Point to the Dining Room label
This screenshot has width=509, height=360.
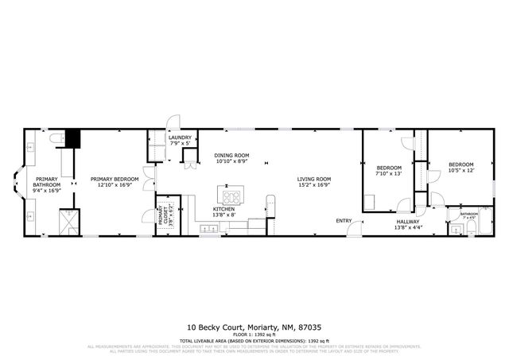[x=232, y=157]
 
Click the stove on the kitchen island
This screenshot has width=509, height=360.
[x=232, y=196]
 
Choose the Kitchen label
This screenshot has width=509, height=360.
[x=223, y=212]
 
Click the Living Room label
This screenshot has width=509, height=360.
[x=314, y=182]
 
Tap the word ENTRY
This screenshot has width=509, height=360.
[x=344, y=220]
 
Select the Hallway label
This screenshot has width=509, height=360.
[x=407, y=225]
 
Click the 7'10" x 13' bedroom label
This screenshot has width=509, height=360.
[x=389, y=171]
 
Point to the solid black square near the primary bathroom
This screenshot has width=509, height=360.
[x=73, y=138]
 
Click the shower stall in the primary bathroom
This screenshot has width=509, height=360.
[x=68, y=219]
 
